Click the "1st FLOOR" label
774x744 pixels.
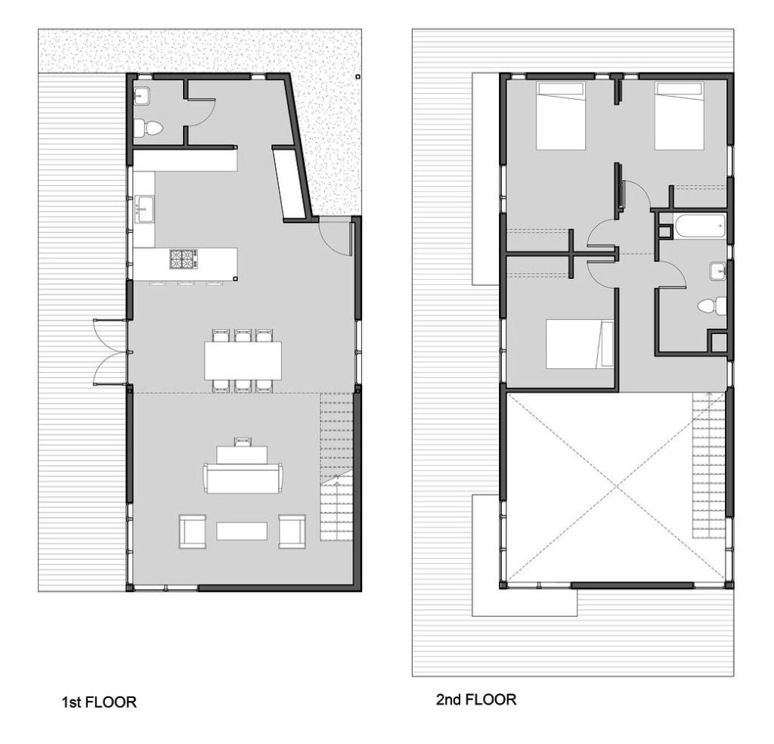(99, 702)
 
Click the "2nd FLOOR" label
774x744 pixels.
(476, 699)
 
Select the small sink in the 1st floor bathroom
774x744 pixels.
(141, 95)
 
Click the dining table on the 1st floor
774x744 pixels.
(243, 361)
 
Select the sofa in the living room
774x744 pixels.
(243, 478)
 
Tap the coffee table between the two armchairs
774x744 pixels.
(242, 531)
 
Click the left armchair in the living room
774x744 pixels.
(192, 531)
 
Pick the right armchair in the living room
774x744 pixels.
(292, 531)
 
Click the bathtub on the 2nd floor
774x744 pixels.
(699, 226)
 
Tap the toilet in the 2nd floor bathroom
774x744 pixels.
(709, 305)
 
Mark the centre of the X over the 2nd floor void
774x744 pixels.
(616, 488)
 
